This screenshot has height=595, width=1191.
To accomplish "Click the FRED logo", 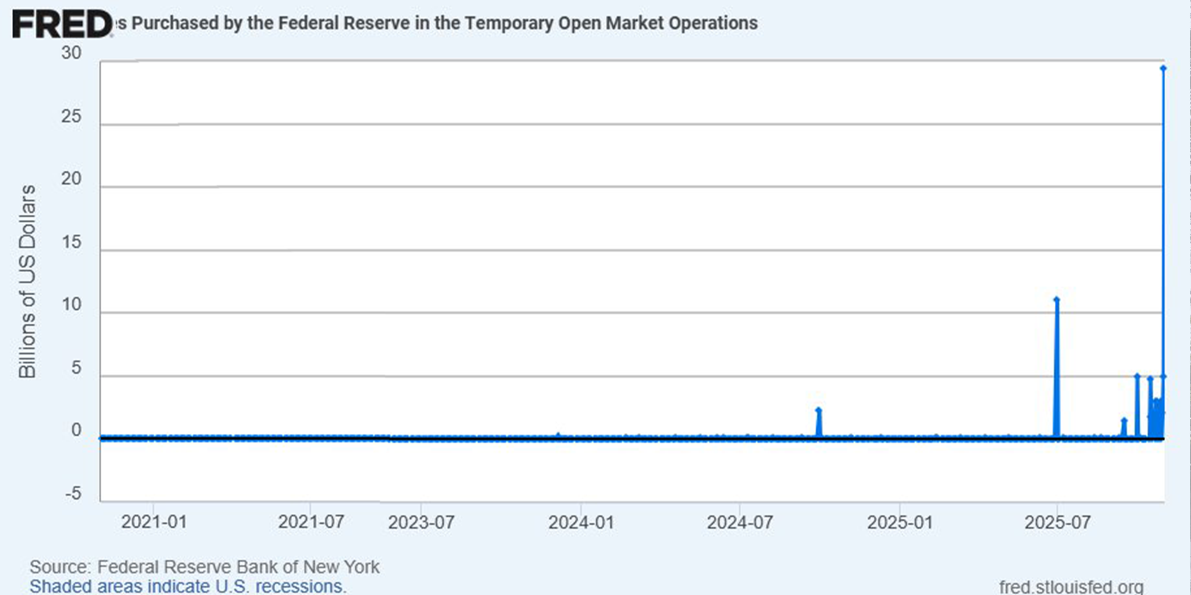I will click(62, 24).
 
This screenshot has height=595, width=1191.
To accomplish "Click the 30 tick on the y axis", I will click(71, 53).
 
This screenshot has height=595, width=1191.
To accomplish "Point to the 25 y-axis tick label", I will click(71, 116).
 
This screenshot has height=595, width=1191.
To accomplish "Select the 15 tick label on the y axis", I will click(71, 242).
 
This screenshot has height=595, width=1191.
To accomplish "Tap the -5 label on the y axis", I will click(73, 494).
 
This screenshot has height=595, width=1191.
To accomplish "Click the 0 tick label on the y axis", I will click(76, 431).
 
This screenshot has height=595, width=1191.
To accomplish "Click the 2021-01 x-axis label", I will click(154, 522).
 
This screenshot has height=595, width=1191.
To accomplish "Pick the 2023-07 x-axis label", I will click(421, 522).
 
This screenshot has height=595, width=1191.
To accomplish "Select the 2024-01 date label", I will click(581, 522).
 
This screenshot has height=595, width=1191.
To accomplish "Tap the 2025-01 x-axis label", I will click(900, 522).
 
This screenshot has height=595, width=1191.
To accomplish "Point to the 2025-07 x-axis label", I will click(1057, 522).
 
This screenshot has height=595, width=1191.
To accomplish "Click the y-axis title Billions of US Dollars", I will click(27, 282).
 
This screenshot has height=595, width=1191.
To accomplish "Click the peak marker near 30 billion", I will click(1163, 69).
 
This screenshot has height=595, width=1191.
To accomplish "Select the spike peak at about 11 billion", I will click(1057, 300).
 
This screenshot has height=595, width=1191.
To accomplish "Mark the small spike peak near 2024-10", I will click(819, 410).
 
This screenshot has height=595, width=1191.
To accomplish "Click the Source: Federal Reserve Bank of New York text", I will click(204, 567).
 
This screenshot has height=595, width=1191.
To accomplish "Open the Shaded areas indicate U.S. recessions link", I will click(188, 586).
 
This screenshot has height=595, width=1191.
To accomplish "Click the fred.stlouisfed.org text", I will click(1071, 586).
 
